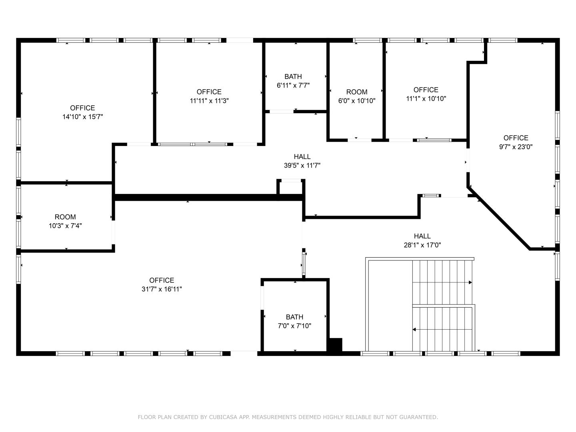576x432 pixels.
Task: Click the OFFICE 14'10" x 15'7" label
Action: pyautogui.click(x=82, y=112)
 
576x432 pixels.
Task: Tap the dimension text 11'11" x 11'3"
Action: pyautogui.click(x=209, y=101)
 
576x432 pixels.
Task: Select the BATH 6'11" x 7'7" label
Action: pyautogui.click(x=293, y=81)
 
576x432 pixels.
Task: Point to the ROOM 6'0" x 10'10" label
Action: pyautogui.click(x=357, y=96)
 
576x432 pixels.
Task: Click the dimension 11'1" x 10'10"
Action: pyautogui.click(x=426, y=99)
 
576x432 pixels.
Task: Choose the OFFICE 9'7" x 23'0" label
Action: pyautogui.click(x=516, y=142)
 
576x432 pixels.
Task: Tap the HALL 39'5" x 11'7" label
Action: pyautogui.click(x=302, y=161)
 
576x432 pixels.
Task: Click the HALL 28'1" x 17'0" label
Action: pyautogui.click(x=422, y=240)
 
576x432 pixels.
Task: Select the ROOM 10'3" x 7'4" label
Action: pyautogui.click(x=65, y=221)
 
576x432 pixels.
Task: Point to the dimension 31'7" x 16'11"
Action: pyautogui.click(x=162, y=289)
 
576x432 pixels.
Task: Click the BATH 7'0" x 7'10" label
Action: pyautogui.click(x=294, y=321)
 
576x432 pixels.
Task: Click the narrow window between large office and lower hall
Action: pyautogui.click(x=304, y=263)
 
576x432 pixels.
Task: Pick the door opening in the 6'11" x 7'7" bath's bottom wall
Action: pyautogui.click(x=281, y=112)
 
